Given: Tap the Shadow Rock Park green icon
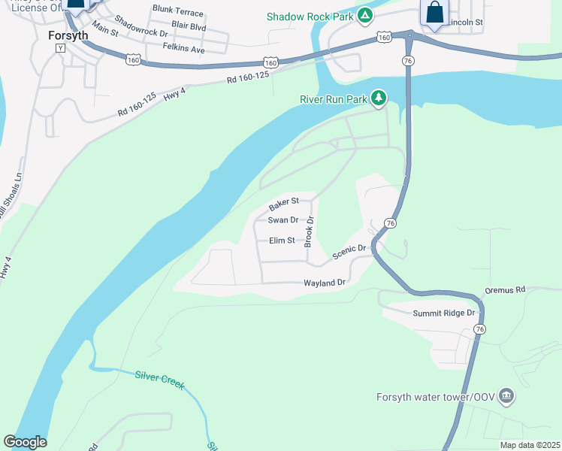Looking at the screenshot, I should pos(364,15).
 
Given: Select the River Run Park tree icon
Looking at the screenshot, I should pos(379,98).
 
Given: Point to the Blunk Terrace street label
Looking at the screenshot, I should pos(177,11).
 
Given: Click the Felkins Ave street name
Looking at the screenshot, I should pos(183,49).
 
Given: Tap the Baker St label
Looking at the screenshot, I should pos(284,204).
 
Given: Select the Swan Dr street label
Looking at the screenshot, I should pos(283,220).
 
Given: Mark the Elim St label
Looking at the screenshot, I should pos(283,241).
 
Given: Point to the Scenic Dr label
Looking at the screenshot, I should pos(349,253).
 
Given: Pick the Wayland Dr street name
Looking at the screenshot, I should pos(324,283).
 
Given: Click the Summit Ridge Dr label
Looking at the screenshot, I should pos(444,313).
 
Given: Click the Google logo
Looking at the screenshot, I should pos(25,442).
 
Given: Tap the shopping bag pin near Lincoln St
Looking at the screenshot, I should pos(434,14).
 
